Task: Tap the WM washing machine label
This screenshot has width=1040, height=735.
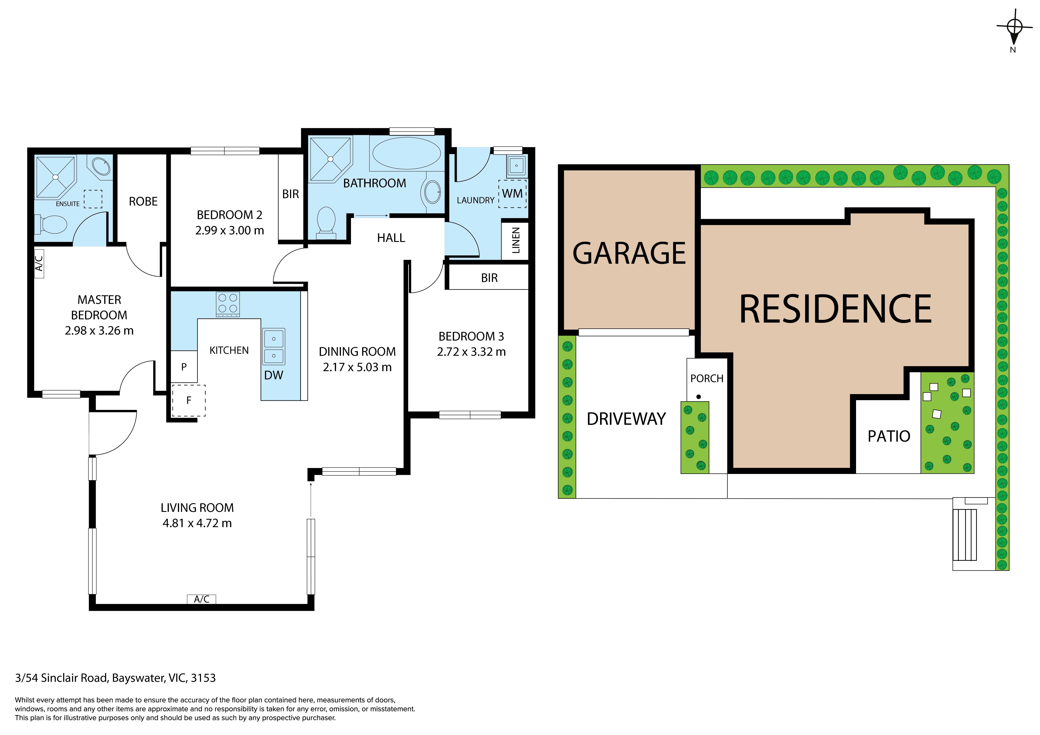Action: pos(512,194)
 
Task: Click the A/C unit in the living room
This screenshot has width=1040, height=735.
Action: pos(202,599)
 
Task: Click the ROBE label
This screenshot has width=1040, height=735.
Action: pos(143,201)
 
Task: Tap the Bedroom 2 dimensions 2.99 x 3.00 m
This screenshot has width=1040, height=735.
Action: pos(230,231)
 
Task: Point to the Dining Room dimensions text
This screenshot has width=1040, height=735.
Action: pos(357,367)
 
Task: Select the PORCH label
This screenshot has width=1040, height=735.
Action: pos(707,379)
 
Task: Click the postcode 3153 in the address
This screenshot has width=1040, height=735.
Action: pos(203,678)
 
